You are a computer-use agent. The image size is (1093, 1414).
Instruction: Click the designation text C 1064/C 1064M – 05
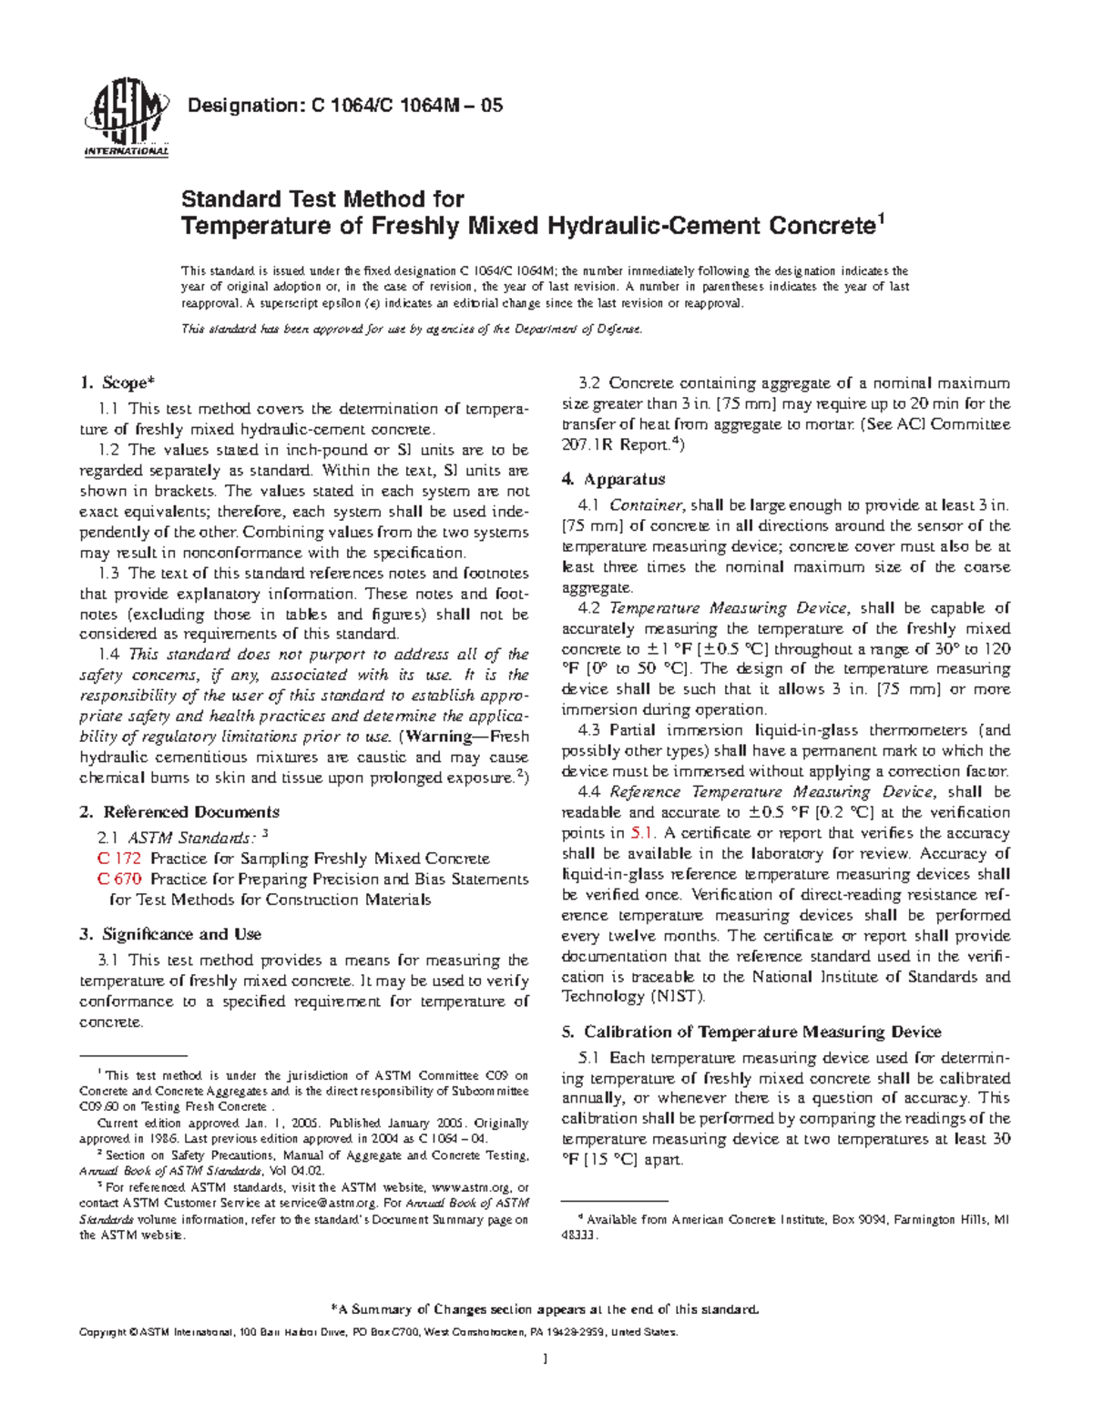click(x=344, y=106)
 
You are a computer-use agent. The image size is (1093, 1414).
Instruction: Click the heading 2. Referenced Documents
click(x=179, y=811)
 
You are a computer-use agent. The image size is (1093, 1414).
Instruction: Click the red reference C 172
click(x=118, y=859)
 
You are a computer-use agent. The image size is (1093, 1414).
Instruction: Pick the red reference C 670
click(x=118, y=880)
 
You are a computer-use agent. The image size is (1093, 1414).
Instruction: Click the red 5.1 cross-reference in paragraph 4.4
click(x=641, y=833)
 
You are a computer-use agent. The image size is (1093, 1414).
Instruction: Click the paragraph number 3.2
click(x=590, y=383)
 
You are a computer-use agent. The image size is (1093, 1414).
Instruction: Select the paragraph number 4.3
click(x=589, y=730)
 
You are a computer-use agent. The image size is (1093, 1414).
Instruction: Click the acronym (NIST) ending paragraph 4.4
click(x=677, y=996)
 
